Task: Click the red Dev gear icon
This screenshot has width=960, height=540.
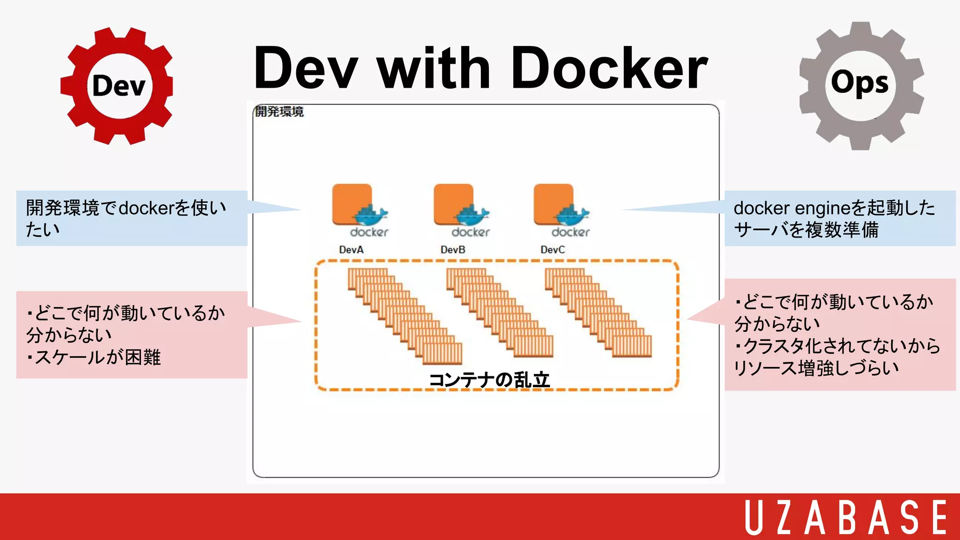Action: (x=117, y=86)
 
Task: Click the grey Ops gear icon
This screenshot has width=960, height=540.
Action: (x=861, y=86)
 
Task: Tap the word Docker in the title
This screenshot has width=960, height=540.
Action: (x=609, y=68)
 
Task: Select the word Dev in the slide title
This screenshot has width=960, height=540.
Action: (x=306, y=68)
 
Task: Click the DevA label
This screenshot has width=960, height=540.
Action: (x=351, y=250)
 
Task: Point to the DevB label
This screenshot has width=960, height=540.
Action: (x=453, y=250)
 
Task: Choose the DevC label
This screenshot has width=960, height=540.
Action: (x=553, y=250)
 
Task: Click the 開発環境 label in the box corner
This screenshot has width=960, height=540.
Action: (x=279, y=112)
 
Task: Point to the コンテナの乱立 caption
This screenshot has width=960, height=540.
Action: (x=489, y=380)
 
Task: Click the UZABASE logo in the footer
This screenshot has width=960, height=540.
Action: (x=846, y=517)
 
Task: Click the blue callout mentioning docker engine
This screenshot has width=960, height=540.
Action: (x=839, y=218)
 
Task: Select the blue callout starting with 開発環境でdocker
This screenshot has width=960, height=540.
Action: (x=131, y=218)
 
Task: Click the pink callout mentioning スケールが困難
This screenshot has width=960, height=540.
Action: (x=131, y=335)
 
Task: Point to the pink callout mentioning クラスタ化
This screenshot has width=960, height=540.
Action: (x=839, y=335)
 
